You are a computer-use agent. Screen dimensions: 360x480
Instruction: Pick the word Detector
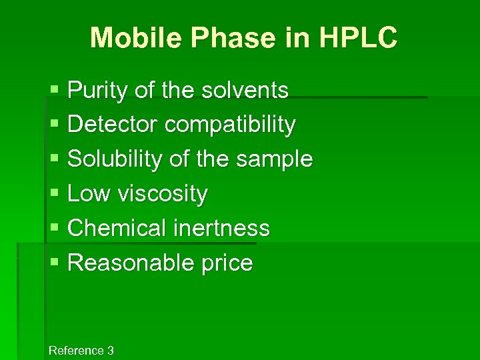point(113,124)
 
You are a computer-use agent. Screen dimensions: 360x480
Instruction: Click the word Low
point(89,194)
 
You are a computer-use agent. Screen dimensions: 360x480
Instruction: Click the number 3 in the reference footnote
point(111,351)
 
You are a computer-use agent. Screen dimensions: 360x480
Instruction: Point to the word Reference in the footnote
point(76,351)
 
